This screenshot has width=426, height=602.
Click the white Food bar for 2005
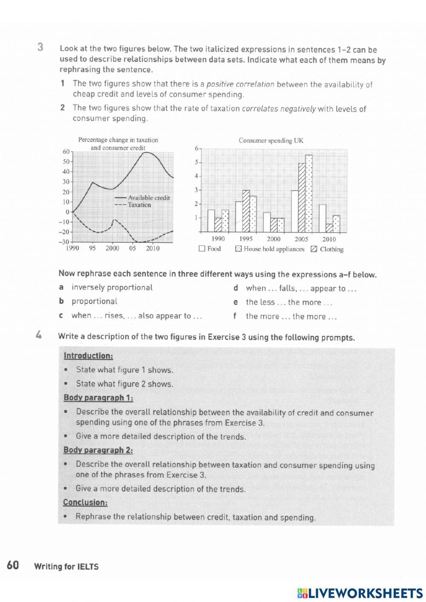294,211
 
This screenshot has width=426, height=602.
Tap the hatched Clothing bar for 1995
246,211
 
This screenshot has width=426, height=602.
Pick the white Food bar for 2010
322,218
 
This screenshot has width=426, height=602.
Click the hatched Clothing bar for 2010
329,228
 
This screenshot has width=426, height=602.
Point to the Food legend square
202,249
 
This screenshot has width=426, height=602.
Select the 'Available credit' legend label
149,198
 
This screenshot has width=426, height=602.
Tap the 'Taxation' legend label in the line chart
139,205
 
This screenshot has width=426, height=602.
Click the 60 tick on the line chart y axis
66,152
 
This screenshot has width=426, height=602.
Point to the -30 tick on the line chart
63,242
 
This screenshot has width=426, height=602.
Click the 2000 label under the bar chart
273,239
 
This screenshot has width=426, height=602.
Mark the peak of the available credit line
146,152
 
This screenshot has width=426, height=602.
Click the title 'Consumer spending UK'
271,140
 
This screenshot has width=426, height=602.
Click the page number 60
13,565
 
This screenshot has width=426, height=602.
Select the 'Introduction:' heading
88,356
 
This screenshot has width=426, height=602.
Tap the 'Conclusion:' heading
85,502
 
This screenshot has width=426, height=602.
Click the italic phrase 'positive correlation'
240,84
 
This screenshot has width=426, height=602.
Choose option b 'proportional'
94,301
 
